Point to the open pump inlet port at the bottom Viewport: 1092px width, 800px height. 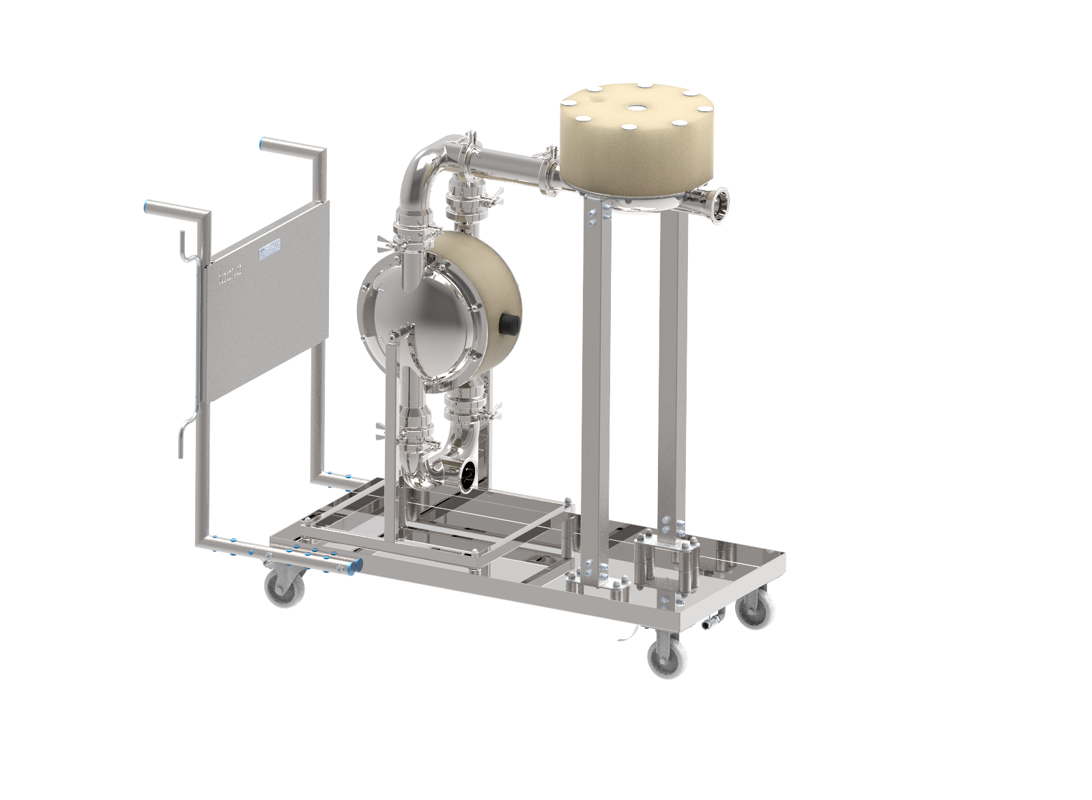pyautogui.click(x=469, y=474)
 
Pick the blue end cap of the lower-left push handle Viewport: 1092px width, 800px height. pyautogui.click(x=147, y=207)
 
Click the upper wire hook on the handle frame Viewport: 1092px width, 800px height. pyautogui.click(x=184, y=247)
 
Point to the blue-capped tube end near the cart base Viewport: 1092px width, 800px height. pyautogui.click(x=354, y=565)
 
